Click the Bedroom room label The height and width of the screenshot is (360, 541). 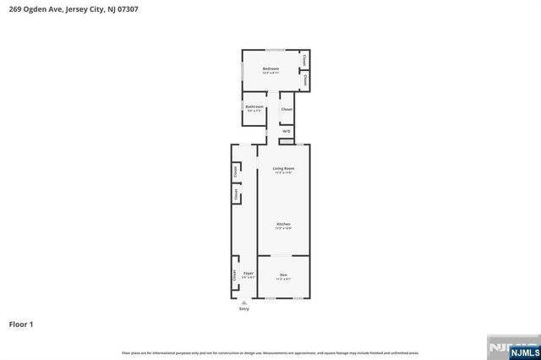[x=270, y=68]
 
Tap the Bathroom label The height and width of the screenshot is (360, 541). [x=254, y=106]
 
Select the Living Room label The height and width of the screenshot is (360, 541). [x=283, y=169]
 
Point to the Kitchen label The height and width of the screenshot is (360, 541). [x=283, y=224]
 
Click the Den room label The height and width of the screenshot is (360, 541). [x=283, y=274]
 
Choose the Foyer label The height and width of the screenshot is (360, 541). [x=248, y=274]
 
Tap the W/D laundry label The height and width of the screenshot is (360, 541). [x=287, y=131]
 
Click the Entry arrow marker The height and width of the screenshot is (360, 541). [x=244, y=302]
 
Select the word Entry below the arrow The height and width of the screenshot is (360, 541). [x=244, y=308]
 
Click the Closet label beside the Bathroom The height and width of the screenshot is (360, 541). [x=287, y=110]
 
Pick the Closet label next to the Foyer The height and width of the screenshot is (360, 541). [x=234, y=275]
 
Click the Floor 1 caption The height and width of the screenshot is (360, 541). [x=20, y=324]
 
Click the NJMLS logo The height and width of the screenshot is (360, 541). [x=519, y=347]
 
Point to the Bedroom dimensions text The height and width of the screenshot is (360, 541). [x=270, y=74]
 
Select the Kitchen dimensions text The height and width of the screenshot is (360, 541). [x=283, y=229]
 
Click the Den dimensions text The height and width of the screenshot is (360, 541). [x=283, y=279]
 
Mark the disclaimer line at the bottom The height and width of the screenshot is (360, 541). [x=270, y=352]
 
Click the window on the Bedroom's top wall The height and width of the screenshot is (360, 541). [x=276, y=51]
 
